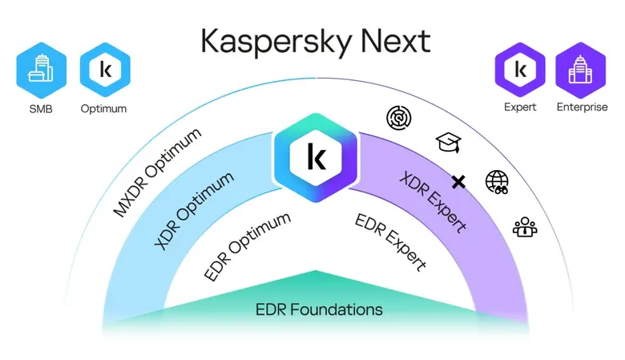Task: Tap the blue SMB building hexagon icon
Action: [42, 71]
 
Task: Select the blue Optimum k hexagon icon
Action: [105, 71]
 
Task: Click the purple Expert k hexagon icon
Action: [520, 71]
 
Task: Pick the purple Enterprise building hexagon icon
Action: [582, 71]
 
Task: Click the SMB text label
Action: [42, 108]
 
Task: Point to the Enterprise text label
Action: [582, 108]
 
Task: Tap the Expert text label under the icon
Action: [520, 108]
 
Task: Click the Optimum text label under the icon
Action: [105, 108]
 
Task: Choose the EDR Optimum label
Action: [247, 246]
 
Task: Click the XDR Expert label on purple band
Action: [433, 202]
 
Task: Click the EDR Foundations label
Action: [319, 309]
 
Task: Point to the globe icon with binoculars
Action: [498, 182]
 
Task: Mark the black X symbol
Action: [458, 182]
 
